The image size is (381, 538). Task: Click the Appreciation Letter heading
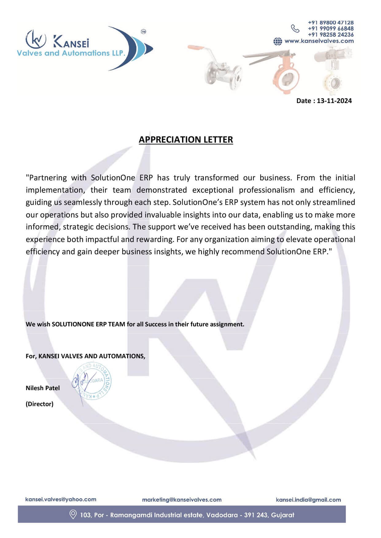[x=186, y=140]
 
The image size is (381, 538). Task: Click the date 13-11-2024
[x=334, y=101]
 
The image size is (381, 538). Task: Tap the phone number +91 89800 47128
[x=331, y=23]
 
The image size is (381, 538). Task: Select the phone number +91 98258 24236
[x=331, y=35]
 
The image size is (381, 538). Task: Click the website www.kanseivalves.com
[x=319, y=41]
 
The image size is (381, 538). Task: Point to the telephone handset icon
[x=295, y=29]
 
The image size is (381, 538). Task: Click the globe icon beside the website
[x=278, y=41]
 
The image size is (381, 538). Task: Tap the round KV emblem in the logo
[x=36, y=39]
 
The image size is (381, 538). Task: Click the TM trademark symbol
[x=143, y=32]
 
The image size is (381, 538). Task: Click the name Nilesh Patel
[x=43, y=388]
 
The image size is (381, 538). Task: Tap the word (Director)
[x=40, y=404]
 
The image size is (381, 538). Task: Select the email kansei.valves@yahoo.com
[x=60, y=499]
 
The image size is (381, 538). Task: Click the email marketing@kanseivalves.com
[x=182, y=500]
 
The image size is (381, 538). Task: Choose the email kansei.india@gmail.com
[x=308, y=500]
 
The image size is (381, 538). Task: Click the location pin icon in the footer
[x=73, y=514]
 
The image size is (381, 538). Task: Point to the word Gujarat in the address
[x=282, y=515]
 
